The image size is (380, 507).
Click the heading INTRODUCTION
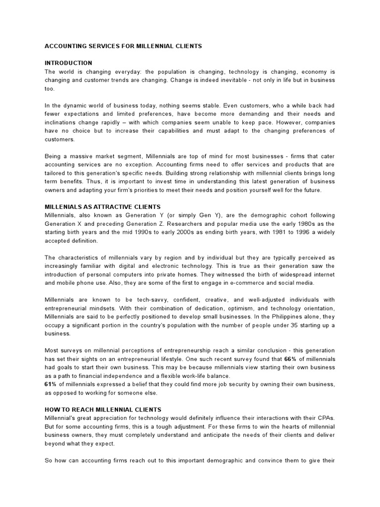point(68,63)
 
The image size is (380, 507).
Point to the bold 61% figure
point(50,385)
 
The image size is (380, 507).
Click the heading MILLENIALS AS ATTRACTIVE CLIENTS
point(103,206)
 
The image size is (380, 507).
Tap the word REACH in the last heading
point(80,409)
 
